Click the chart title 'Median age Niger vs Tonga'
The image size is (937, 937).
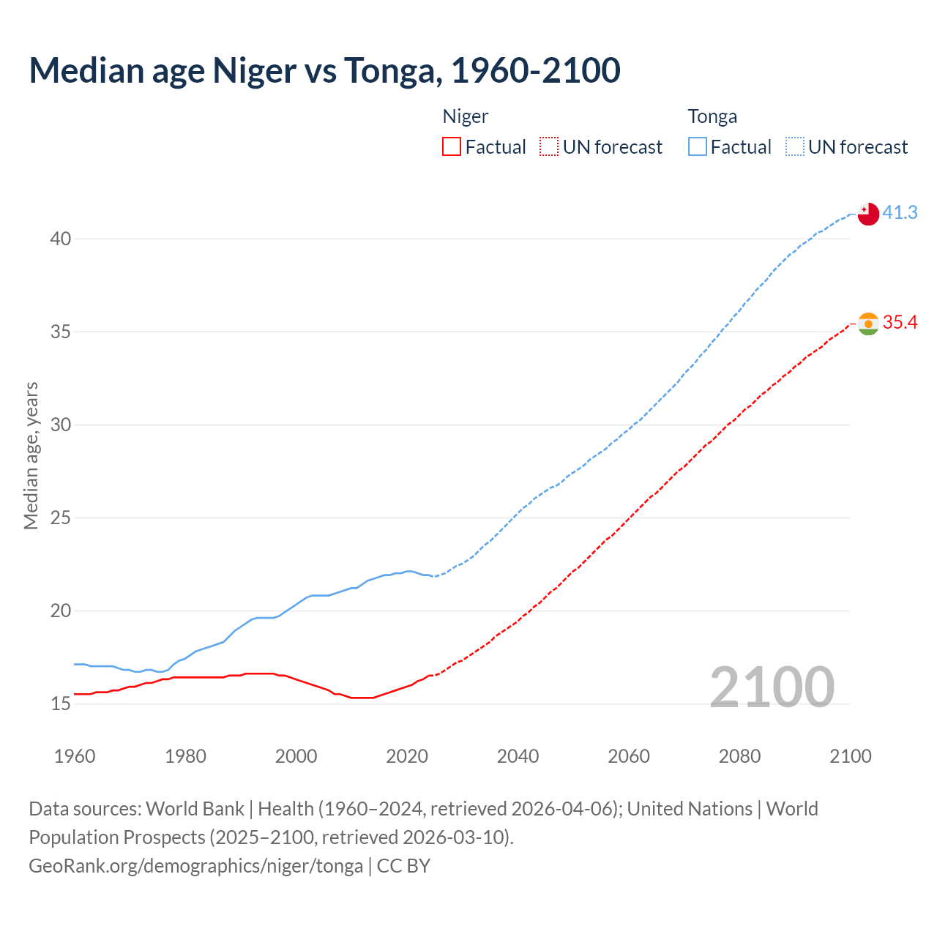pos(324,70)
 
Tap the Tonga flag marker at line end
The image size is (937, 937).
pos(867,214)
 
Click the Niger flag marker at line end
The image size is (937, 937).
pos(868,324)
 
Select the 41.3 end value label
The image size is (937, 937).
pos(900,212)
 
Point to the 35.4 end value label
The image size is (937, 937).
pos(900,322)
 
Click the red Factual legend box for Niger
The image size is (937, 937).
pos(452,147)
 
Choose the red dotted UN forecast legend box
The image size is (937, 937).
pos(549,147)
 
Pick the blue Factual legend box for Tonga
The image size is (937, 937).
pos(698,147)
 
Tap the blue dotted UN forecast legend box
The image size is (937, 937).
pos(795,147)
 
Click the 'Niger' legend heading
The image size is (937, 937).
pos(465,116)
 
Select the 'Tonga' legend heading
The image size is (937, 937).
pos(712,116)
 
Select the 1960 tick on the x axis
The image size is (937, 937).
pos(75,756)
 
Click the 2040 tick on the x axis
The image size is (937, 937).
pos(518,756)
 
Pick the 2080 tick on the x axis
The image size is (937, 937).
pos(739,756)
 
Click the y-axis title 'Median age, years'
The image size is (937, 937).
pos(31,455)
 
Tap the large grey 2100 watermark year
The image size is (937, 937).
pos(772,687)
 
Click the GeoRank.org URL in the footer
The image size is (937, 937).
pos(195,866)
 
